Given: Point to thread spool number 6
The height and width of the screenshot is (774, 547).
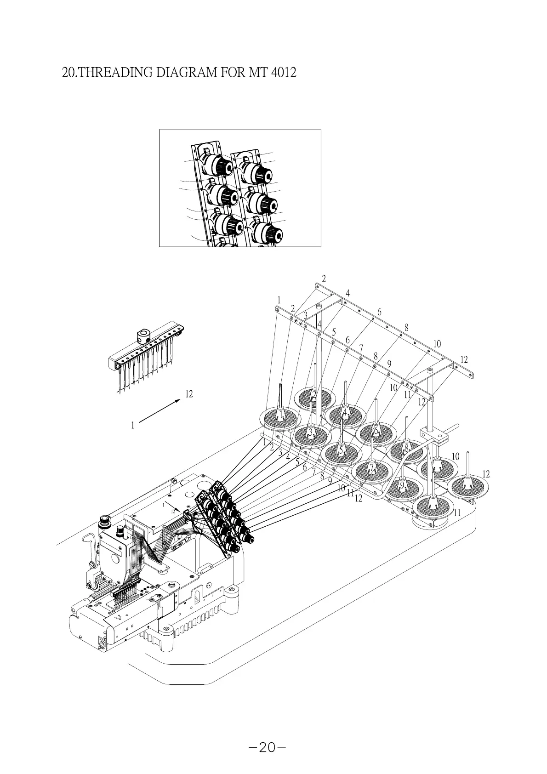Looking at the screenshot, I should tap(376, 431).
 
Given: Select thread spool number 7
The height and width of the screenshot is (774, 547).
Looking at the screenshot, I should tap(372, 468).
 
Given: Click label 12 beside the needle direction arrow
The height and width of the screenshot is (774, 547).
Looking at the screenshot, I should tap(189, 394).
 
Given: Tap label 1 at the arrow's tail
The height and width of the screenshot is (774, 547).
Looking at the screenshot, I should tap(132, 426).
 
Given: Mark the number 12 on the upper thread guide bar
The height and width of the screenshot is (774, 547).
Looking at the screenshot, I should tap(464, 359).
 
